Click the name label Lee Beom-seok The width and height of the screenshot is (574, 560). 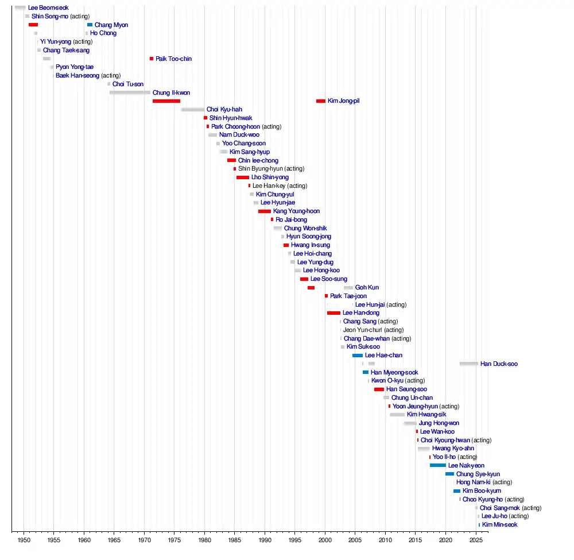48,8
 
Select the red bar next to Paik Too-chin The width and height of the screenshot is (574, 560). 152,59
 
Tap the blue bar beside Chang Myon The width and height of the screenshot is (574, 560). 90,25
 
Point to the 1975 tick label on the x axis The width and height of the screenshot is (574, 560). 174,540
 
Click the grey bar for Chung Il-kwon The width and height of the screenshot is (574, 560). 130,92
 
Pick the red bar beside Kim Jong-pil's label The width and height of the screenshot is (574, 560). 320,101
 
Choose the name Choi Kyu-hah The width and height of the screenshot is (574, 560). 224,109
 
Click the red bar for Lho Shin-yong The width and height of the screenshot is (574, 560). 243,177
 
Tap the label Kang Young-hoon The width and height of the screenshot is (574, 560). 296,211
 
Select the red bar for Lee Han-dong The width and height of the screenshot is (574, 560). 333,313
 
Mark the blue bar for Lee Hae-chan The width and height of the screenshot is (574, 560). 358,356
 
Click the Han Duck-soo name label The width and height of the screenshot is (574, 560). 499,364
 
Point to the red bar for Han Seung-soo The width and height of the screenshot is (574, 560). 379,389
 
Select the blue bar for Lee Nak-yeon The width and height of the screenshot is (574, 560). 437,465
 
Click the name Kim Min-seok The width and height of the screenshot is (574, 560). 499,524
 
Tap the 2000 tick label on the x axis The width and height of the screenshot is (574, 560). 325,540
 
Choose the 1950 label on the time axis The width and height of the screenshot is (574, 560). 24,540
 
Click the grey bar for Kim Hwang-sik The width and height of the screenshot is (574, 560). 397,415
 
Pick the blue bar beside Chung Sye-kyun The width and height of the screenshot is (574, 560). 449,474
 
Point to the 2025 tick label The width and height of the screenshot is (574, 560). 475,540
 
